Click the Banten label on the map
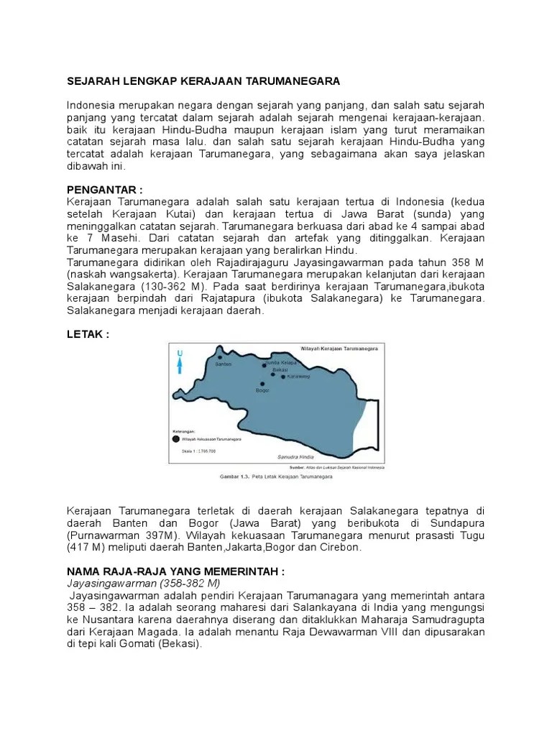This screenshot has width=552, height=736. coord(225,364)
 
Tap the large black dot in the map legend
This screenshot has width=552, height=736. coord(175,438)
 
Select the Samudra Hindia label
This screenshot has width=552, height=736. coord(295,456)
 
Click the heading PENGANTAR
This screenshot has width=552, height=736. coord(104,189)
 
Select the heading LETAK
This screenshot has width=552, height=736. coord(88,335)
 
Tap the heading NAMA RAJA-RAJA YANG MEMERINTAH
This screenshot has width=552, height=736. coord(175,571)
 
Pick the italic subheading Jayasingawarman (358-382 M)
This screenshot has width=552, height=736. coord(143,583)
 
